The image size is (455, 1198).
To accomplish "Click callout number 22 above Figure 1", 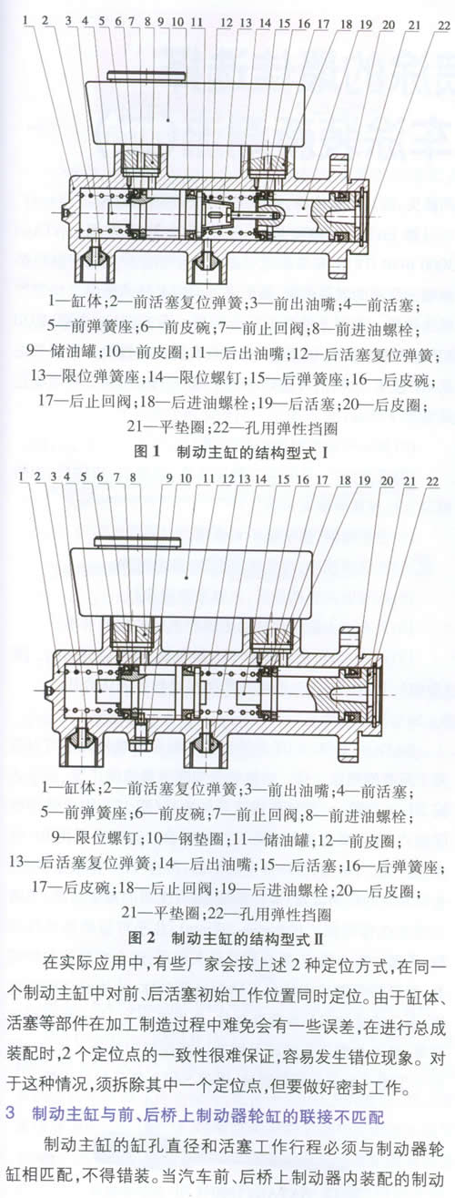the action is [443, 26].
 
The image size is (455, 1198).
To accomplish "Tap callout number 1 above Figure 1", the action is [25, 21].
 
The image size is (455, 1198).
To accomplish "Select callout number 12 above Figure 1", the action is [227, 23].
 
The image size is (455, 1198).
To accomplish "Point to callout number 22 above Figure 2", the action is [431, 481].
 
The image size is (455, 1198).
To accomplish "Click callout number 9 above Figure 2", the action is [169, 478].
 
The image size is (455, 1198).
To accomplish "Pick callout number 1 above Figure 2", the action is [22, 476].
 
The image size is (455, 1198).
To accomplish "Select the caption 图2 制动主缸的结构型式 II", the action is [229, 937].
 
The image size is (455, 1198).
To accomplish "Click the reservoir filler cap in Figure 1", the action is [146, 76].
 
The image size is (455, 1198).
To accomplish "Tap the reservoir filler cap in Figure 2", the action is [138, 542].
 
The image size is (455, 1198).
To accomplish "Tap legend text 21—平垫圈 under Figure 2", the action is [162, 912].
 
